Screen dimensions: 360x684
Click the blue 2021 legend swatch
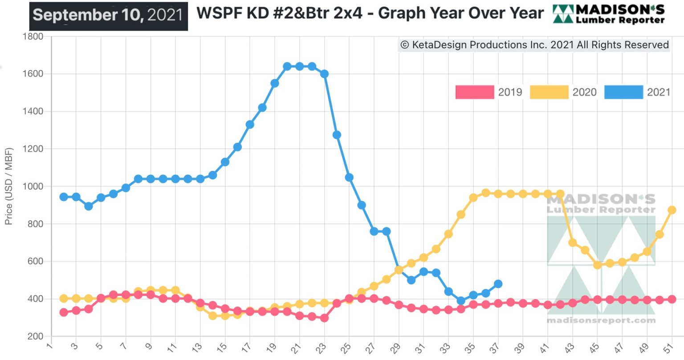pyautogui.click(x=623, y=92)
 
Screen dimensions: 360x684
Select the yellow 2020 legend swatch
pyautogui.click(x=549, y=92)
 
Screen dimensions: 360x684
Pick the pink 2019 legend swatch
pyautogui.click(x=475, y=92)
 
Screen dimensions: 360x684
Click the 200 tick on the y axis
pyautogui.click(x=36, y=336)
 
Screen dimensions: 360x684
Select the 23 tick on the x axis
pyautogui.click(x=322, y=348)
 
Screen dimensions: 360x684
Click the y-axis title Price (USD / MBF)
pyautogui.click(x=9, y=186)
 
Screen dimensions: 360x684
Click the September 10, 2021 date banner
pyautogui.click(x=108, y=16)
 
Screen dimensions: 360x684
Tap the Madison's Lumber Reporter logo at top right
pyautogui.click(x=609, y=14)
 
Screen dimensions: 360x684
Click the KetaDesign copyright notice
pyautogui.click(x=534, y=45)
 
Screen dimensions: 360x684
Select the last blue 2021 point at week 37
pyautogui.click(x=498, y=284)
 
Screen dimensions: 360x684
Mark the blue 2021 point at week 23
pyautogui.click(x=325, y=74)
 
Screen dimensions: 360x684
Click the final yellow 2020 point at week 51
pyautogui.click(x=672, y=210)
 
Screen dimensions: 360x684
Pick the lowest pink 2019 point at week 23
pyautogui.click(x=325, y=318)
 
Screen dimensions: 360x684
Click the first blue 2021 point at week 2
pyautogui.click(x=64, y=197)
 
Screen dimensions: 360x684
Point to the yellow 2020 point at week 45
pyautogui.click(x=598, y=265)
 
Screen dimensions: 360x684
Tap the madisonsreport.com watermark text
pyautogui.click(x=601, y=320)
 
